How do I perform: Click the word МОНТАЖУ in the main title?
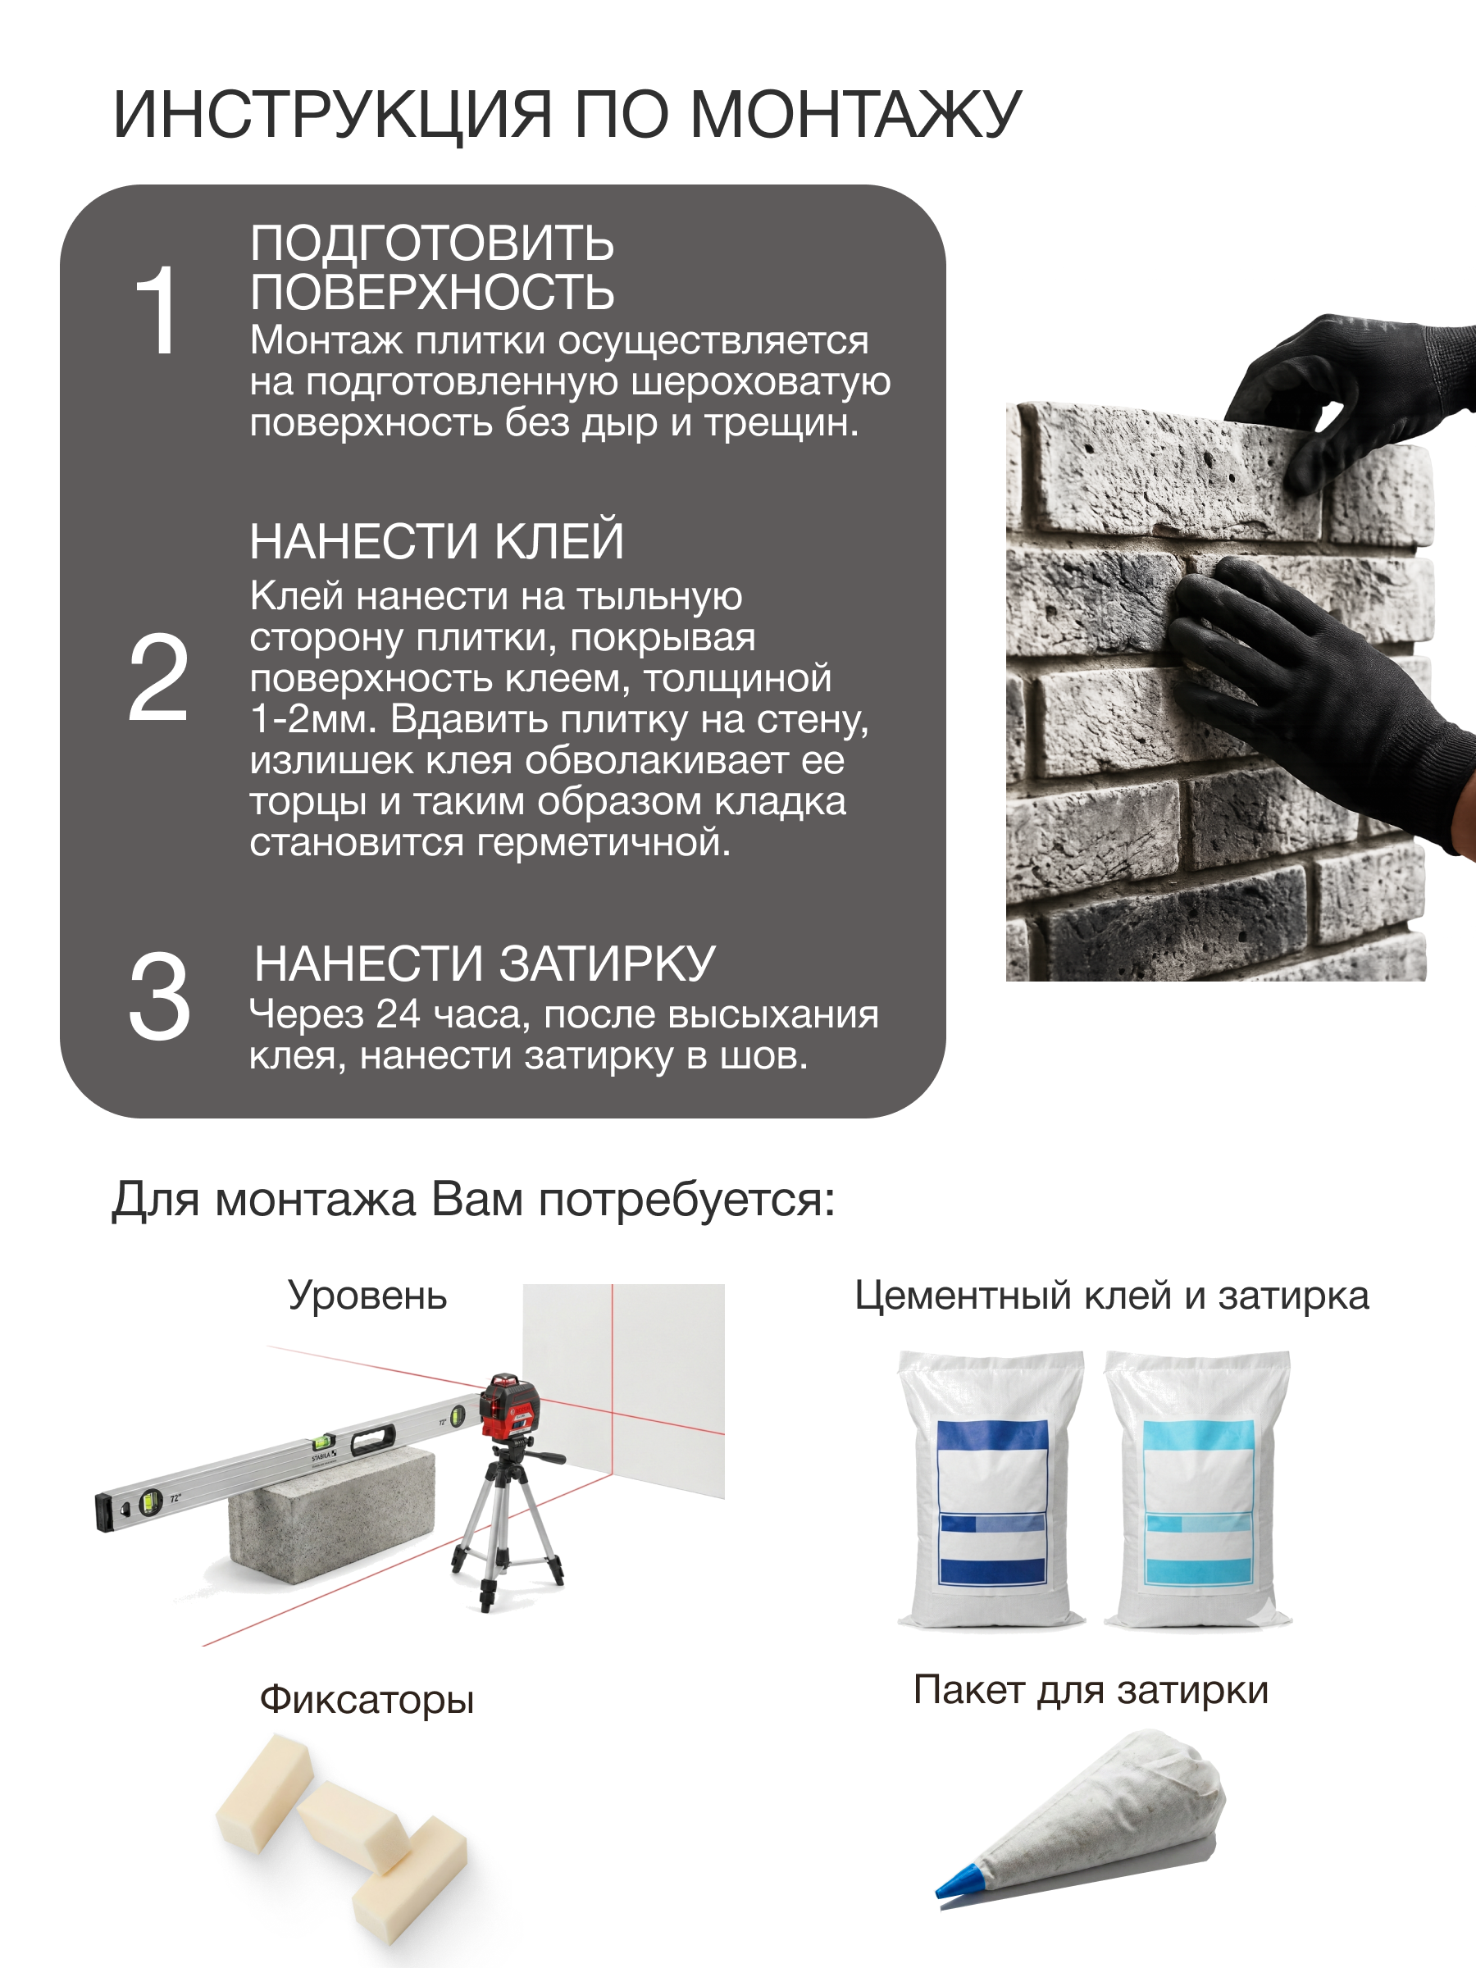(855, 116)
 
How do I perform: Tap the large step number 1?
(157, 311)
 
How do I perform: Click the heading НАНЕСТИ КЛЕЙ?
(436, 541)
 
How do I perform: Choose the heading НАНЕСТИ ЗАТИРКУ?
(484, 963)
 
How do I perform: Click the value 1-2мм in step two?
(314, 719)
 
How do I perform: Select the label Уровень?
(367, 1296)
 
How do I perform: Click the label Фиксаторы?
(367, 1700)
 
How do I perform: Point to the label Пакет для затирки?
(1091, 1689)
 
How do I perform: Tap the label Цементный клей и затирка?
(1111, 1296)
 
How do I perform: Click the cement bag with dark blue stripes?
(991, 1490)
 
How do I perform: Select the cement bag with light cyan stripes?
(1197, 1490)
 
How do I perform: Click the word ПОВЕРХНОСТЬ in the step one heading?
(431, 292)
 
